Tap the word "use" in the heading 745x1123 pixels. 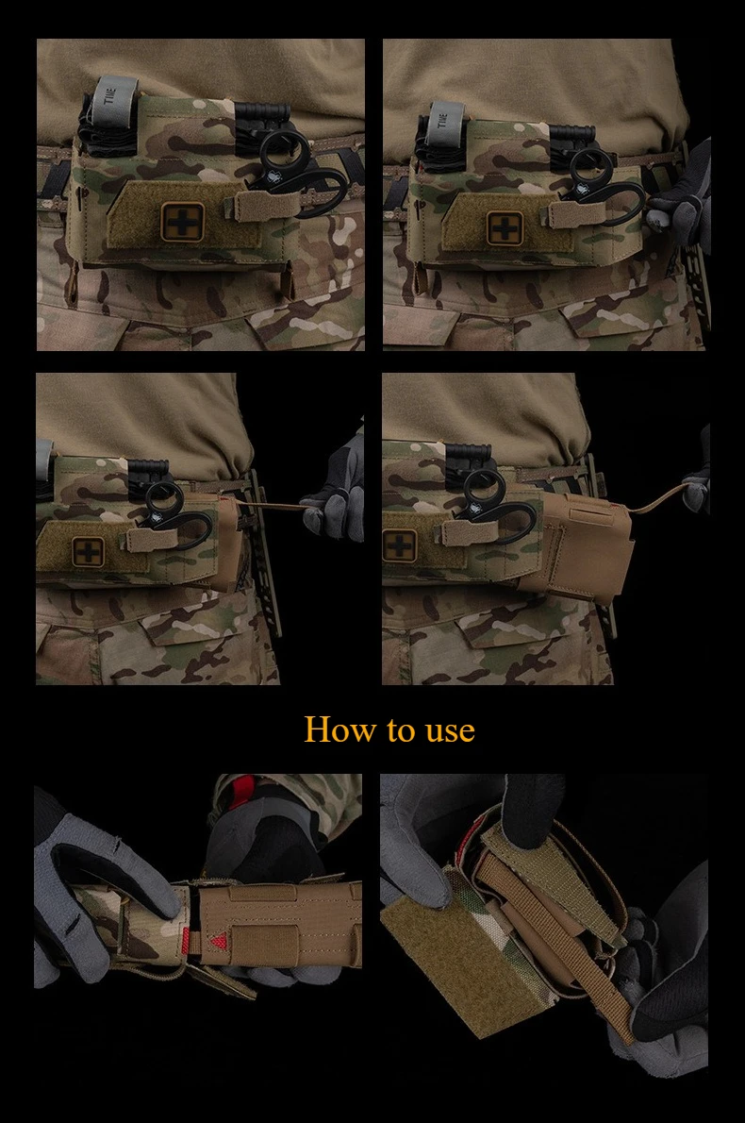(x=450, y=732)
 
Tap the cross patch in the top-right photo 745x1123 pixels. (x=507, y=228)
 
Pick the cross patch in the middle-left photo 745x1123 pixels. (x=87, y=550)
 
